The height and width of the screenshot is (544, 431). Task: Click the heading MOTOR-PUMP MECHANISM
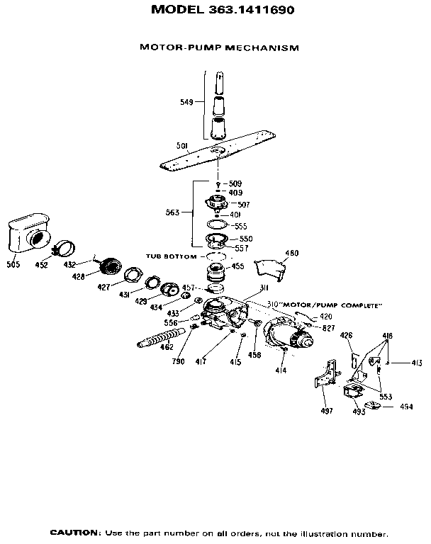(219, 47)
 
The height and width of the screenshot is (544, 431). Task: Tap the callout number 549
(186, 102)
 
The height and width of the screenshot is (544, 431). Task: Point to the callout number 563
(172, 211)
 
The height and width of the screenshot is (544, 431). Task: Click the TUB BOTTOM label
(170, 256)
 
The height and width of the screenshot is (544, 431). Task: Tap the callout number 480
(291, 253)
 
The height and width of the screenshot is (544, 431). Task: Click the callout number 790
(178, 361)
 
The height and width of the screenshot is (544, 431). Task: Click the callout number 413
(416, 363)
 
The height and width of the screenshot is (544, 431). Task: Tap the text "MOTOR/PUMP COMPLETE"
(333, 305)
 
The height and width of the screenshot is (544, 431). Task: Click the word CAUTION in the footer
(73, 532)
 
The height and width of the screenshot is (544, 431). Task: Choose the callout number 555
(240, 226)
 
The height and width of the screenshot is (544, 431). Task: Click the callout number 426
(346, 335)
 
